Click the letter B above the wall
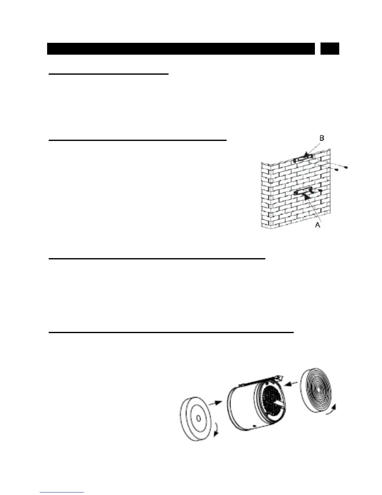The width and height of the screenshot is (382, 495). coord(322,138)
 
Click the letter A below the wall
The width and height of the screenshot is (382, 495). coord(318,225)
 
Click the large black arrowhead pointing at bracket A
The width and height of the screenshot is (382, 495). coord(306,197)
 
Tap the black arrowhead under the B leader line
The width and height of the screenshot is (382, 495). coord(309,154)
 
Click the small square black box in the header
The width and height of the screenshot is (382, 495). coord(330,49)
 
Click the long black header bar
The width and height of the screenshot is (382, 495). coord(181,49)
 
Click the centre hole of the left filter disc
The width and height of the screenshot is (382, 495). coord(198,418)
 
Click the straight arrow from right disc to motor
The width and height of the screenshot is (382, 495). coord(292,383)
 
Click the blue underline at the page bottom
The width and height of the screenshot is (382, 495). coord(62,492)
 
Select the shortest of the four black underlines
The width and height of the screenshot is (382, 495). coord(108,74)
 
